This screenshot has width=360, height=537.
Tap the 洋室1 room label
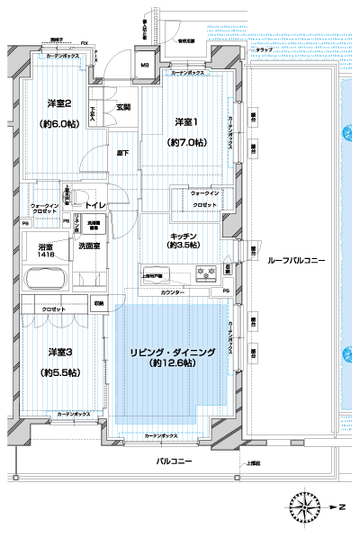(x=186, y=122)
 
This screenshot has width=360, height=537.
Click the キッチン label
(x=186, y=237)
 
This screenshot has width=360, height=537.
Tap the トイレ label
(x=96, y=206)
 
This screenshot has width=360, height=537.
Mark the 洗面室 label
(x=89, y=246)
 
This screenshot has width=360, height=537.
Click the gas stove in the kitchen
(x=205, y=273)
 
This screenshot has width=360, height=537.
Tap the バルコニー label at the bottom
(x=171, y=460)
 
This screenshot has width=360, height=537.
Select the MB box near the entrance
(x=144, y=66)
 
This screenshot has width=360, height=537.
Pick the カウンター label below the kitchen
(x=174, y=293)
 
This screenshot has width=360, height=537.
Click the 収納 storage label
(x=97, y=304)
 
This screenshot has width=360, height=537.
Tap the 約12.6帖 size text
(x=173, y=363)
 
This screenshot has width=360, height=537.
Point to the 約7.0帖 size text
(x=186, y=142)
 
